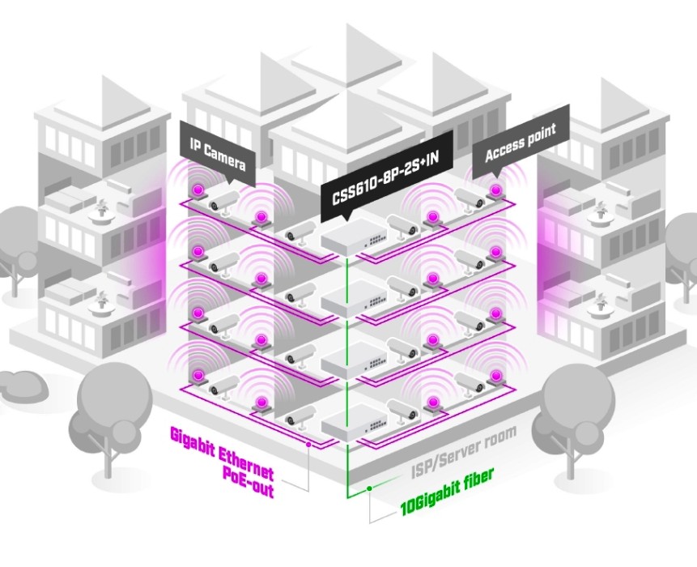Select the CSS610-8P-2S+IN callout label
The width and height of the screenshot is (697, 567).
coord(386,179)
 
